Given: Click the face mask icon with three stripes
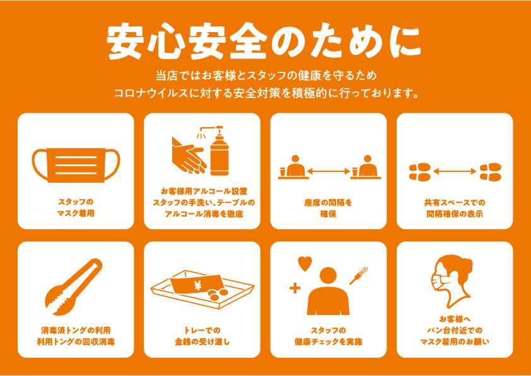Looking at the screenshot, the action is pyautogui.click(x=76, y=164).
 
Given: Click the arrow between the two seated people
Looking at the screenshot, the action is pyautogui.click(x=328, y=171).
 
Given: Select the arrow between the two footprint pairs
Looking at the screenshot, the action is pyautogui.click(x=455, y=172).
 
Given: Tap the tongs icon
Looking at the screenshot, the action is pyautogui.click(x=73, y=287).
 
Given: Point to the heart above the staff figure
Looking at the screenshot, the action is pyautogui.click(x=305, y=264).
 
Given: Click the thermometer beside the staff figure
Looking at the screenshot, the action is pyautogui.click(x=359, y=275).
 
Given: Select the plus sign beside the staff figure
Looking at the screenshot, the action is pyautogui.click(x=295, y=288).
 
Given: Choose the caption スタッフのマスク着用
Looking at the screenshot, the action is pyautogui.click(x=76, y=208).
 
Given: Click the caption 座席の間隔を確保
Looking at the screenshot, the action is pyautogui.click(x=328, y=208).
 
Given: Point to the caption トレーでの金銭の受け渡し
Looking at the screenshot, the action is pyautogui.click(x=202, y=336).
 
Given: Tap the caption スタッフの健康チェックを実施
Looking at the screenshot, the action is pyautogui.click(x=328, y=336).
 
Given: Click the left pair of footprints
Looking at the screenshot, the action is pyautogui.click(x=419, y=172).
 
